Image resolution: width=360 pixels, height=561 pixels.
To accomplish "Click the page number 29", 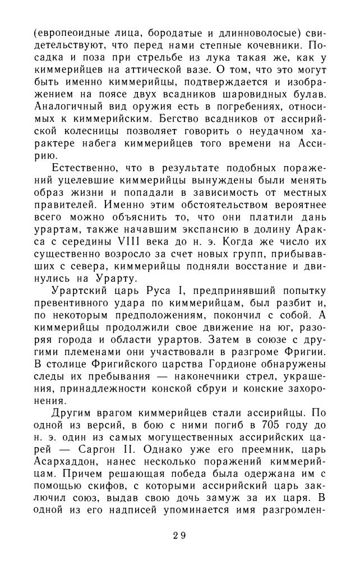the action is [179, 535].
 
